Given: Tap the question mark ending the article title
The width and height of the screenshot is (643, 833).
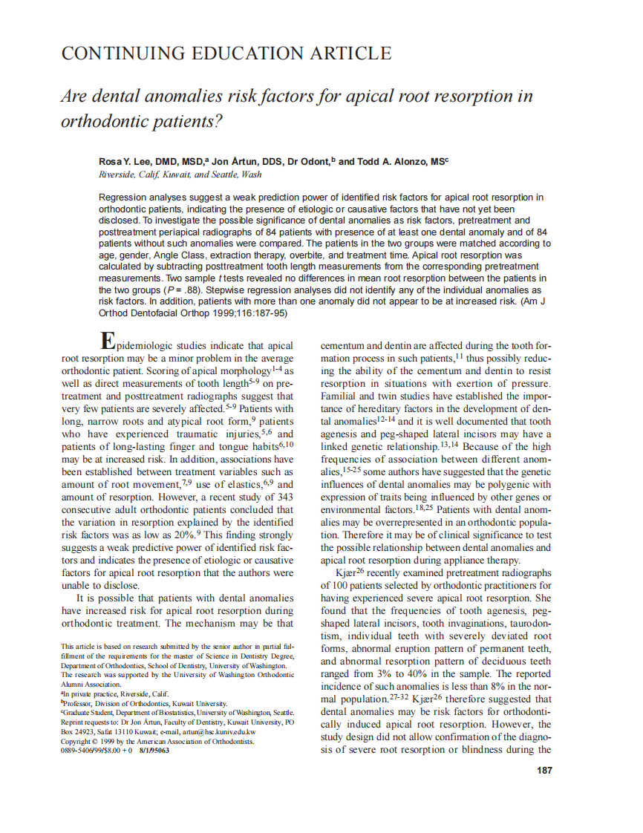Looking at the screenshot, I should pyautogui.click(x=218, y=122).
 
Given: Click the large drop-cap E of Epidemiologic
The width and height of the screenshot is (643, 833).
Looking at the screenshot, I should pyautogui.click(x=108, y=341).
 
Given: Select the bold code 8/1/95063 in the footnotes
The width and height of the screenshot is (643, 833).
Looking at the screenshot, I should pyautogui.click(x=153, y=750).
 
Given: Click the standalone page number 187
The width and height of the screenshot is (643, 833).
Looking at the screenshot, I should pyautogui.click(x=544, y=771).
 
